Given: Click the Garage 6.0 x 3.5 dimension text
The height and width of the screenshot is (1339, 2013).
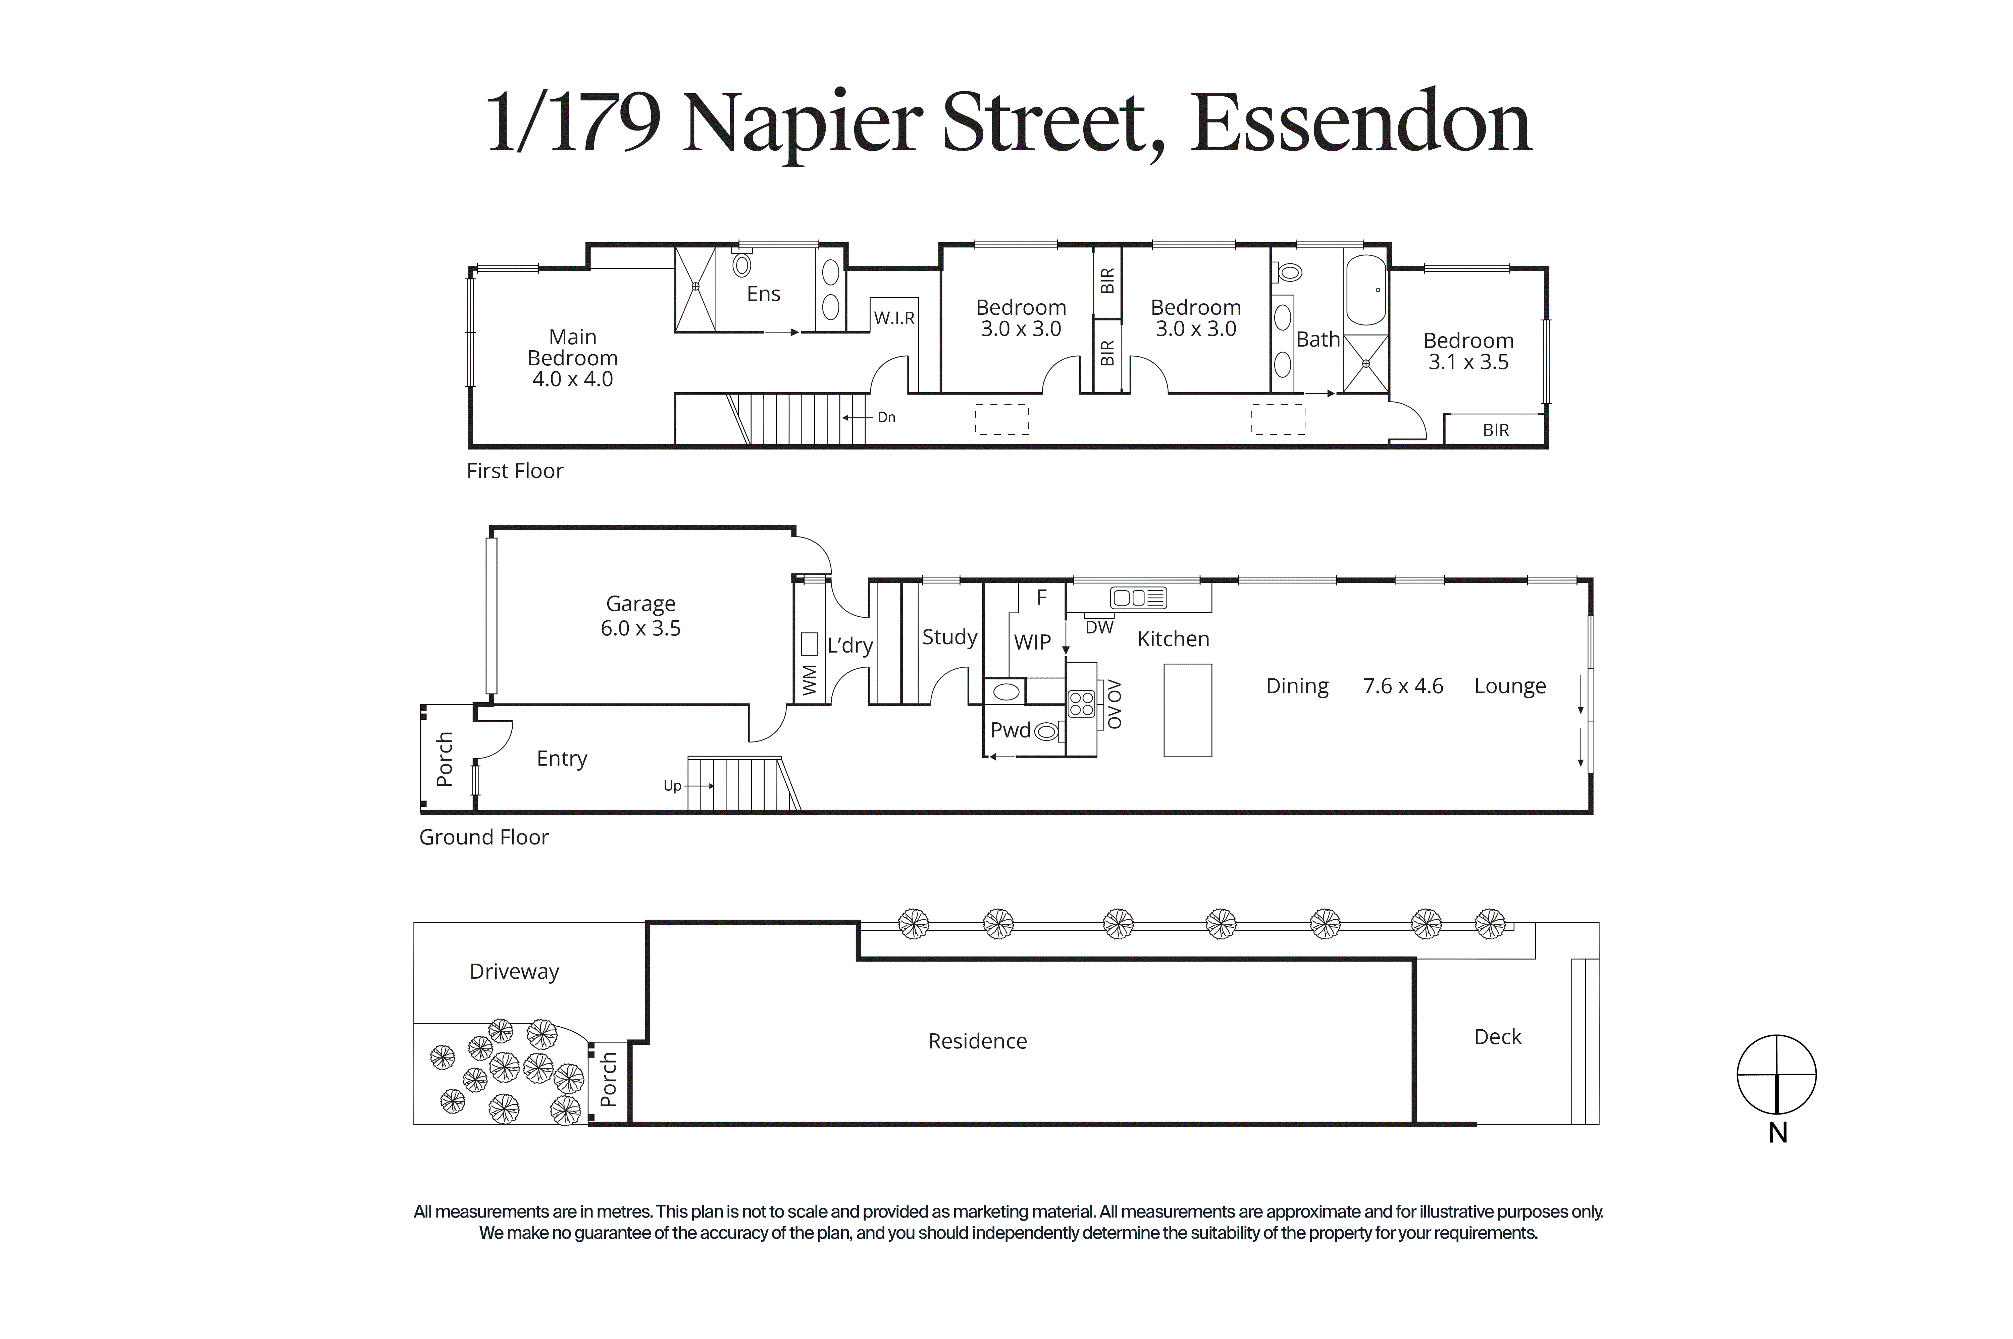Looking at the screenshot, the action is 640,628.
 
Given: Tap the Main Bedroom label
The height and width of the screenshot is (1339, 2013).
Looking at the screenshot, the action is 572,348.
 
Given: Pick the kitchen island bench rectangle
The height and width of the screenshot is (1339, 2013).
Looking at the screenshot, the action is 1187,711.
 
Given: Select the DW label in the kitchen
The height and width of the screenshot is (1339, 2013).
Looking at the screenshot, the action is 1099,628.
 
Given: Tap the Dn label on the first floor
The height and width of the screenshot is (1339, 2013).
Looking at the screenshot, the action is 886,418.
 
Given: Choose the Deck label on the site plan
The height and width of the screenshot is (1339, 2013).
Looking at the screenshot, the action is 1497,1037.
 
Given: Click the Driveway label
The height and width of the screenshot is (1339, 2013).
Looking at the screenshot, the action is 514,972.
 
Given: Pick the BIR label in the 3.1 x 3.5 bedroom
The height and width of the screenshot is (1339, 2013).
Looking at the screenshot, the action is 1496,430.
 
